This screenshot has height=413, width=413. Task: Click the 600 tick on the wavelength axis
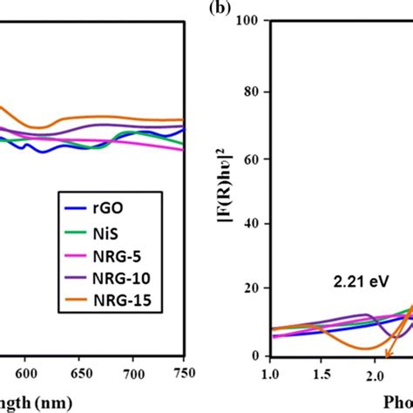tap(26, 369)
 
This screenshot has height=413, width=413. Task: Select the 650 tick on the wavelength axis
tap(79, 369)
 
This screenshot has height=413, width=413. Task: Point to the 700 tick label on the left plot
tap(132, 369)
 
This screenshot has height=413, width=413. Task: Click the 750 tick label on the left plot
tap(184, 369)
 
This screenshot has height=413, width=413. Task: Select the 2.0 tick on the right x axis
tap(376, 373)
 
